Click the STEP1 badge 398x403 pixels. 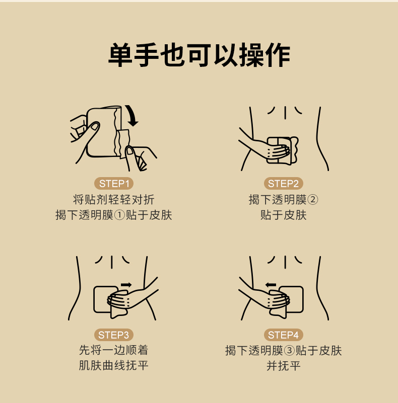pos(113,184)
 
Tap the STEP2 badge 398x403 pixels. pos(283,184)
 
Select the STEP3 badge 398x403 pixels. pos(113,335)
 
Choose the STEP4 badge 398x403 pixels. pos(283,335)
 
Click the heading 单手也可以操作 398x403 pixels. pos(199,55)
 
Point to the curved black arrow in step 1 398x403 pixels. pos(133,116)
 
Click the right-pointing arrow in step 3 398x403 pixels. pos(126,285)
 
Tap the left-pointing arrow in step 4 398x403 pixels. pos(271,285)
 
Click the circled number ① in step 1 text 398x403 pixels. pos(119,215)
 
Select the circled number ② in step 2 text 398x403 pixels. pos(312,200)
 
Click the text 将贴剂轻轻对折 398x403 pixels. pos(113,200)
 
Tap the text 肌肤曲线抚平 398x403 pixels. pos(113,365)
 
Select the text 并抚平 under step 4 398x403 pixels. pos(284,366)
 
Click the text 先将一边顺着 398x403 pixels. pos(113,350)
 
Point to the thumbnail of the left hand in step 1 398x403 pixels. pos(95,126)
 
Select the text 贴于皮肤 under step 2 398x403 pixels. pos(284,215)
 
